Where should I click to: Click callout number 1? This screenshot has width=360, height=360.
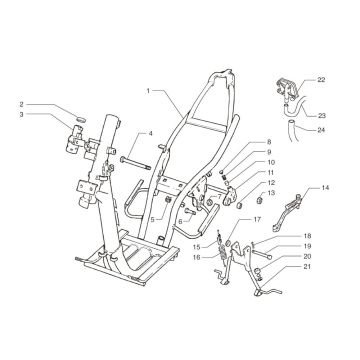pyautogui.click(x=148, y=91)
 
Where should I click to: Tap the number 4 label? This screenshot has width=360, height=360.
pyautogui.click(x=150, y=134)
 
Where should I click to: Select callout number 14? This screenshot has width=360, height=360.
pyautogui.click(x=325, y=188)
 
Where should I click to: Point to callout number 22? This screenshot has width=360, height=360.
pyautogui.click(x=321, y=80)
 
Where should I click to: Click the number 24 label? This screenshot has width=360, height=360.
pyautogui.click(x=322, y=130)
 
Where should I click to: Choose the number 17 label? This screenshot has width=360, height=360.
pyautogui.click(x=256, y=220)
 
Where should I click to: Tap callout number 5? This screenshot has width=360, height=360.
pyautogui.click(x=153, y=220)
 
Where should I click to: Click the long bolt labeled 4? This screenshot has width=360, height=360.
pyautogui.click(x=136, y=163)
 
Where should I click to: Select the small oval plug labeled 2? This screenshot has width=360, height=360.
pyautogui.click(x=81, y=119)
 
